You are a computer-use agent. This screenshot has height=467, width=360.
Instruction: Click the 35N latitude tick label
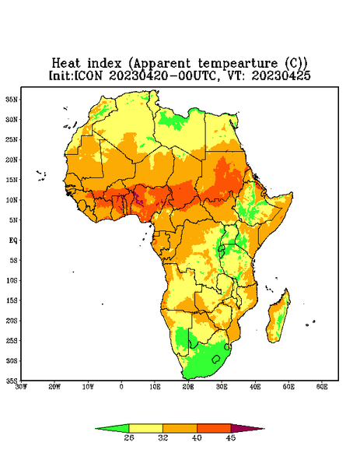(12, 99)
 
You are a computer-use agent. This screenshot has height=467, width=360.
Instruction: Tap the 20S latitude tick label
(12, 321)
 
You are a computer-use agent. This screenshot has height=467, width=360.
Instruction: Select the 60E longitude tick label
(322, 387)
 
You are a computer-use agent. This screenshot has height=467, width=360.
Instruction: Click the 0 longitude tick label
(121, 387)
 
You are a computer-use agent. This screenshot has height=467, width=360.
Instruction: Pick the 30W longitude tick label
(21, 387)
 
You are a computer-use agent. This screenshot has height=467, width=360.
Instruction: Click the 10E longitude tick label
(155, 387)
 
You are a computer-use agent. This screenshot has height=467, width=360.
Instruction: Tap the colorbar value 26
(129, 437)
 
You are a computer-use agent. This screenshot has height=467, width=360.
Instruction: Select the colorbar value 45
(231, 437)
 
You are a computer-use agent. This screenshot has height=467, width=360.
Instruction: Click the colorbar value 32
(163, 437)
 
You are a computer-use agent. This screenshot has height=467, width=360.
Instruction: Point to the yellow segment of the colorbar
(145, 428)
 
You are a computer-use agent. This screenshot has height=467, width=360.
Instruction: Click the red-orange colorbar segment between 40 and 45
(214, 428)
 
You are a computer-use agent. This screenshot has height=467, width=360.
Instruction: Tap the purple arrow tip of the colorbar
(264, 429)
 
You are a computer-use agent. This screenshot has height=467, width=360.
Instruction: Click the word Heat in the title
(66, 63)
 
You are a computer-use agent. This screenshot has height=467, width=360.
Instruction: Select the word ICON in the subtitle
(88, 75)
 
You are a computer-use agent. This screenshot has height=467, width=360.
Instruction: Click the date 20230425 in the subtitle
(281, 75)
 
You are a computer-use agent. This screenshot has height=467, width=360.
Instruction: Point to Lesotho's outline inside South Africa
(216, 359)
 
